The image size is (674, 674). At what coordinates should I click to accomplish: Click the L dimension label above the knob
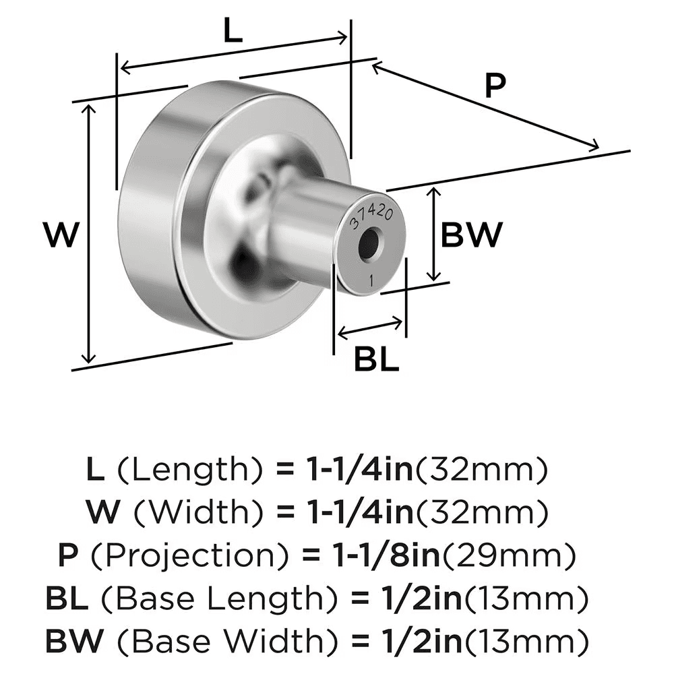tap(233, 32)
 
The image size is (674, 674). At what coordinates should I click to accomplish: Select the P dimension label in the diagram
tap(495, 87)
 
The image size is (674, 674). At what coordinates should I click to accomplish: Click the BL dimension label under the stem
tap(377, 361)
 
